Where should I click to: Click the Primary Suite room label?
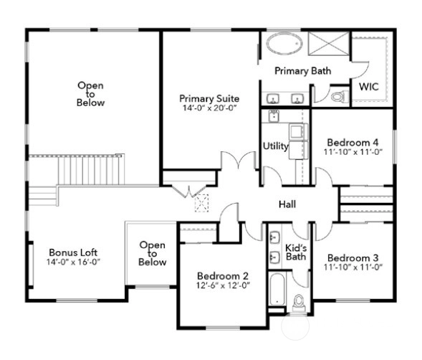coord(209,98)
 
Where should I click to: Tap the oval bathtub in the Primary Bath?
coord(284,44)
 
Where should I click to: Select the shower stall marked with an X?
coord(329,44)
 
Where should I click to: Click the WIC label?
coord(369,87)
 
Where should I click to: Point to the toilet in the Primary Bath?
coord(340,97)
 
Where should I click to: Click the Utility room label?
coord(275,146)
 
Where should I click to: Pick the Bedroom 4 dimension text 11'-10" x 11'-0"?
coord(353,152)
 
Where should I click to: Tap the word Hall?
coord(287,204)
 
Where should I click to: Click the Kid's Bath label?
coord(296,252)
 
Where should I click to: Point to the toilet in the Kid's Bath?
coord(299,303)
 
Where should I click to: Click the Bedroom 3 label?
coord(353,258)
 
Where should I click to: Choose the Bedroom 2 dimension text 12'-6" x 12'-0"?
coord(223,285)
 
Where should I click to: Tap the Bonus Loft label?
coord(73,252)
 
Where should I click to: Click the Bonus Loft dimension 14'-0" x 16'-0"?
coord(73,262)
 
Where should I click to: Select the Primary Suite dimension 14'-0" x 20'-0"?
coord(209,108)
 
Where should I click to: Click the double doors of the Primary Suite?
coord(239,161)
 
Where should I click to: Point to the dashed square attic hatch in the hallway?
coord(201,203)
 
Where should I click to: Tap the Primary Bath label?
coord(303,71)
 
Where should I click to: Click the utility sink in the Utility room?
coord(274,116)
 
